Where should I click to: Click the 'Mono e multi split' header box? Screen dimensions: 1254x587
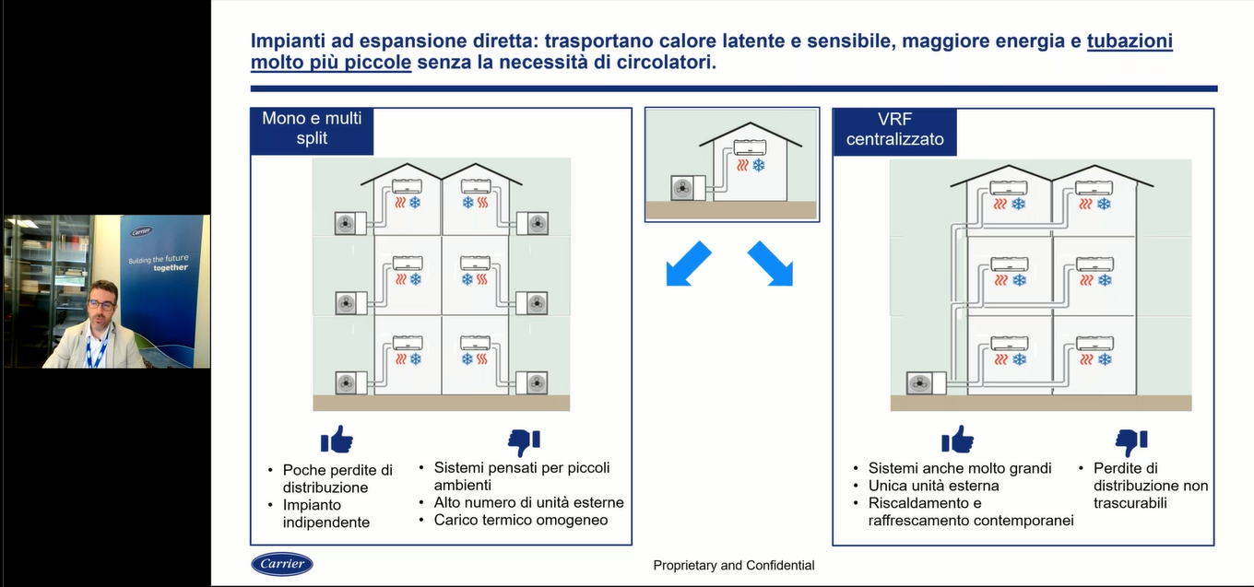312,131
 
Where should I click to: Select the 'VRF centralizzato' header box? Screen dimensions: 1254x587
894,132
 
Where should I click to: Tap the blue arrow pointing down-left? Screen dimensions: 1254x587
688,264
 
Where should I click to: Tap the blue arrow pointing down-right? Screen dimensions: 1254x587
770,264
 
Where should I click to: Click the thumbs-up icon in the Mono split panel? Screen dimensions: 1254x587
337,440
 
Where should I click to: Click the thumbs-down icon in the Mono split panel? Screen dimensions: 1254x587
524,442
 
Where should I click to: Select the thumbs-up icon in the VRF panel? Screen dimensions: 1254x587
957,440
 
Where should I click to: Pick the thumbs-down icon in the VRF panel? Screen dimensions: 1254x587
1130,442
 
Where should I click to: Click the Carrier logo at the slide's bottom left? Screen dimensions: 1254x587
281,564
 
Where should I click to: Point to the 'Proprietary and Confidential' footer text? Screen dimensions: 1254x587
733,565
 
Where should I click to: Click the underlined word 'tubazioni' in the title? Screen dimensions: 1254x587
1130,41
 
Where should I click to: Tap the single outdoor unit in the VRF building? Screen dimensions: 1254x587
926,383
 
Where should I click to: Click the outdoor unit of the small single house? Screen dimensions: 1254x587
688,188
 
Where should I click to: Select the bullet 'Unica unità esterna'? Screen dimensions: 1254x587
933,485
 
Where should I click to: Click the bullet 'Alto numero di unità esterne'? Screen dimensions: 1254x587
528,502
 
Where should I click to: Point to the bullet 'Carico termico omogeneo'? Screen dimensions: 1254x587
521,520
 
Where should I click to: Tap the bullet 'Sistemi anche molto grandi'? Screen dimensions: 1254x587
960,468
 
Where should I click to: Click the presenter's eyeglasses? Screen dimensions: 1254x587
101,305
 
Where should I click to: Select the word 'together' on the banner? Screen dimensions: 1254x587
171,267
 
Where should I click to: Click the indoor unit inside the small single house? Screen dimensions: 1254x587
751,147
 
